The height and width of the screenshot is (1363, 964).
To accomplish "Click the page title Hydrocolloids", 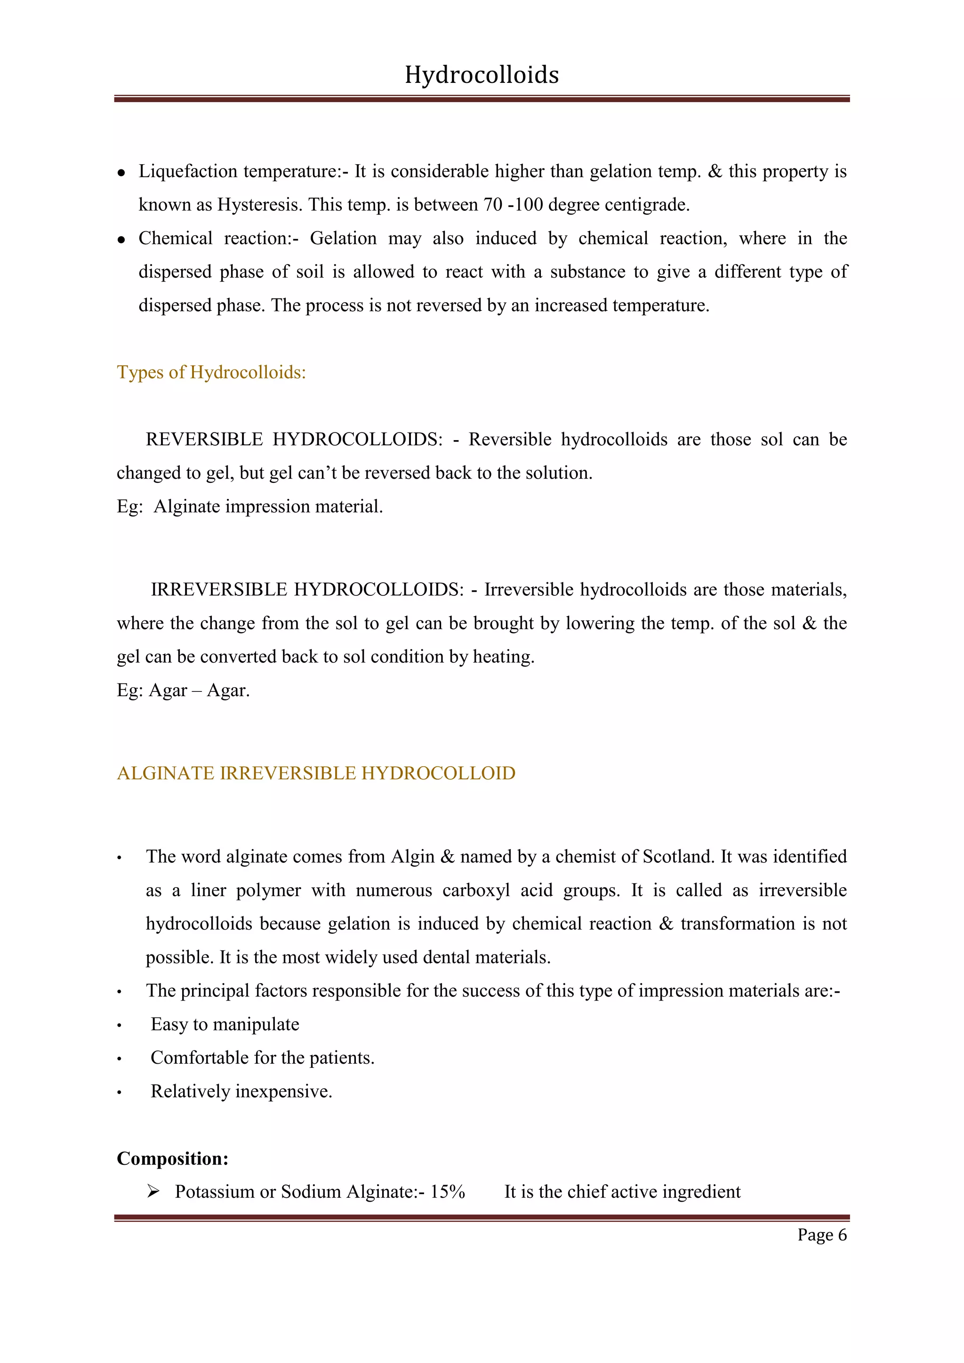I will click(x=482, y=75).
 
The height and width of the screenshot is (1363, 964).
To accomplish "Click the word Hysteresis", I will click(x=259, y=205).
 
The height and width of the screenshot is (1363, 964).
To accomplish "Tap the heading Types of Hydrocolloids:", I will click(x=211, y=372).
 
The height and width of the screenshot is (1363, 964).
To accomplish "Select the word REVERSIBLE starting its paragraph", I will click(x=204, y=439).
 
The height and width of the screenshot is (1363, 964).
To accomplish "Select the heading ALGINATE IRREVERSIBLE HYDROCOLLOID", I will click(x=316, y=774).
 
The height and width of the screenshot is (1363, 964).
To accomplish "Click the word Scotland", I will click(x=678, y=857).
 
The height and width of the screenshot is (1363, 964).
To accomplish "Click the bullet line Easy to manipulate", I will click(x=225, y=1025).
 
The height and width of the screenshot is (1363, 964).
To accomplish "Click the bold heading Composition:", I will click(x=172, y=1158).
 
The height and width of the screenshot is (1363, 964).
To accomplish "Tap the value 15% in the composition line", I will click(x=448, y=1192).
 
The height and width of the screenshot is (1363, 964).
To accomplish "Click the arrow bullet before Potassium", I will click(x=153, y=1191).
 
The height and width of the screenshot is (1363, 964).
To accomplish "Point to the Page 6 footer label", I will click(x=821, y=1235).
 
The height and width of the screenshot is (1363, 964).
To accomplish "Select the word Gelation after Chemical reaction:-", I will click(x=343, y=239).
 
